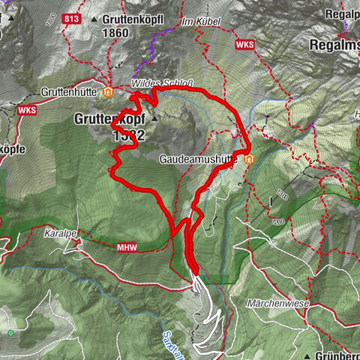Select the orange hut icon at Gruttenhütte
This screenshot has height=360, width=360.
109,92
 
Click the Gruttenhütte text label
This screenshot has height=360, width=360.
72,92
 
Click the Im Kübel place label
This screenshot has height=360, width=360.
201,21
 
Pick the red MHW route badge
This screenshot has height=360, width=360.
125,246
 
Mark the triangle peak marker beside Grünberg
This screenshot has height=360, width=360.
308,353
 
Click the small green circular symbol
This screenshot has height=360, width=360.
10,331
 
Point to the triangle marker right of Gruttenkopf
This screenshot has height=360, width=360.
154,118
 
